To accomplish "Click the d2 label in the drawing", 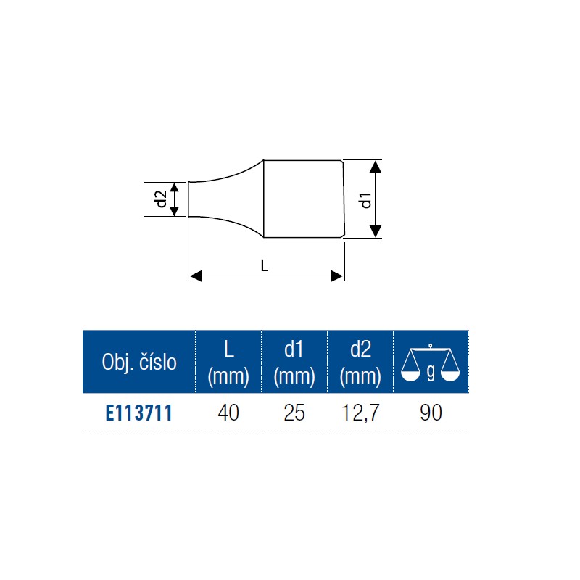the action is point(161,199).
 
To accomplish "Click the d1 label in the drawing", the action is point(365,200).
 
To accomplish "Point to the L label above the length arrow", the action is point(264,265).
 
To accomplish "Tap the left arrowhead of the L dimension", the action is point(196,276).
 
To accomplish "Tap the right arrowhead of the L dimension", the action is point(336,276).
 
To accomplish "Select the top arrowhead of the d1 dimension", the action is point(376,167).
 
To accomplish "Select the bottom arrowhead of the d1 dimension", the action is point(376,231).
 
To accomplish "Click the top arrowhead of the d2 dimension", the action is point(174,187).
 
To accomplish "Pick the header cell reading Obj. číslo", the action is point(139,362).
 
